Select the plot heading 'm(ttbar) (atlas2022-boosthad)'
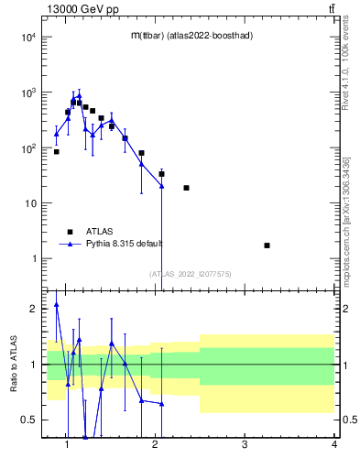(x=191, y=35)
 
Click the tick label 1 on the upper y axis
(x=34, y=258)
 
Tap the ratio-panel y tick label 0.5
(x=28, y=420)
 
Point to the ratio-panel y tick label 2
(x=34, y=309)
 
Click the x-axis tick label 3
(x=245, y=446)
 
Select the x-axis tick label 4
(x=333, y=446)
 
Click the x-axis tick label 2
(x=156, y=446)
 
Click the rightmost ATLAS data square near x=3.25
(x=267, y=245)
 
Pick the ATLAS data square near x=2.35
(x=186, y=188)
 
